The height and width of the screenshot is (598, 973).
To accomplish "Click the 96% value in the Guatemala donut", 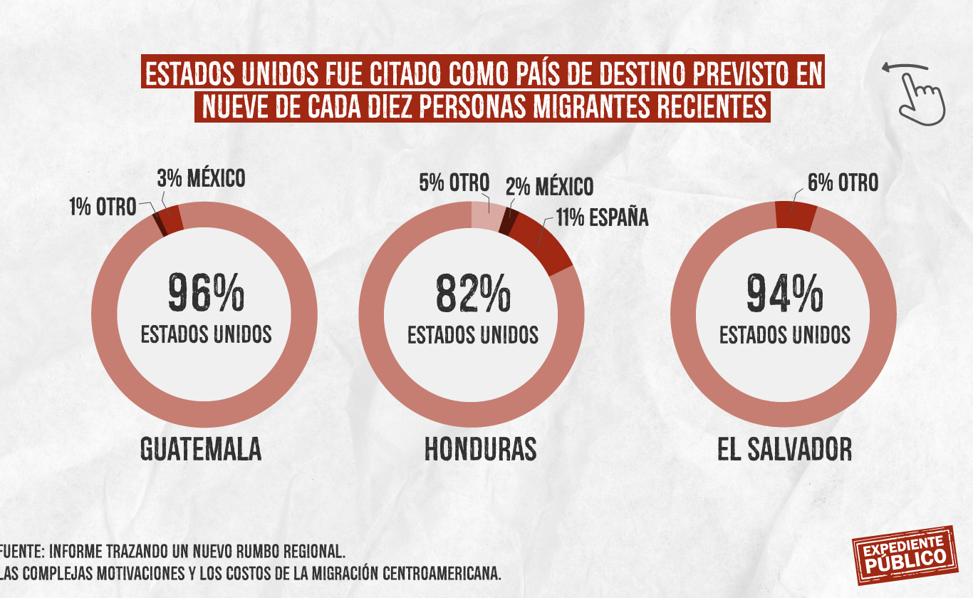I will point(206,294).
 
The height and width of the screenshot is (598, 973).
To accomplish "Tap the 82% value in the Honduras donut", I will point(473,294).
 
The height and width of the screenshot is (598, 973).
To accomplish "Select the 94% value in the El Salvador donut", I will point(784,294).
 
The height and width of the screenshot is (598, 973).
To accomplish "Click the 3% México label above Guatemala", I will point(201,178).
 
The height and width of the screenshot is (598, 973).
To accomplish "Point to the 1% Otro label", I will point(102,207).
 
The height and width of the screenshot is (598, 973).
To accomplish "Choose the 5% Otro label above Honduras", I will point(454,182).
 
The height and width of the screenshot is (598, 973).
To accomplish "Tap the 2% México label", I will point(549,187).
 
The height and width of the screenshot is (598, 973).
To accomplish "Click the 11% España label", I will point(603,217).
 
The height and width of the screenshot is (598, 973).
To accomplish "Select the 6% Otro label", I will point(843,182).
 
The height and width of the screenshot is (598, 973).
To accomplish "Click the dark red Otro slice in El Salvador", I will point(796,216).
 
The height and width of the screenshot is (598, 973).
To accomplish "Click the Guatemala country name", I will point(200,450).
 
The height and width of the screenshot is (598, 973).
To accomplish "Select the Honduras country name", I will point(480,450).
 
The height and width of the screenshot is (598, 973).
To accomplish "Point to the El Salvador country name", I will point(784,450).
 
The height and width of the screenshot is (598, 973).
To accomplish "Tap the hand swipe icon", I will point(917,91).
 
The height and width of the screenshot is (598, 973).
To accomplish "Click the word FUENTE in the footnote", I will point(21,552).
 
